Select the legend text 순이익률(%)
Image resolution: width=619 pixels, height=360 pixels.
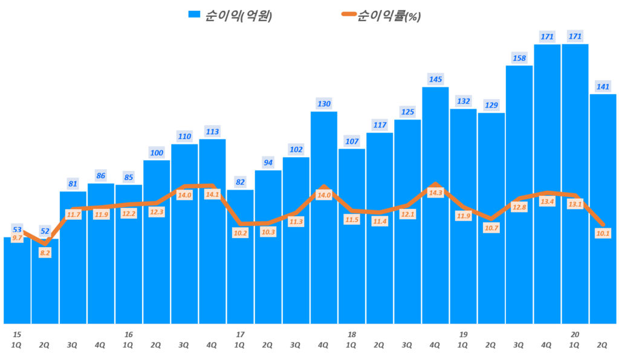(x=389, y=16)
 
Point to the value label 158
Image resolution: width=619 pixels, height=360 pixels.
(x=519, y=58)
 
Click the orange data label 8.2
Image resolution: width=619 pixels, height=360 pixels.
(x=45, y=253)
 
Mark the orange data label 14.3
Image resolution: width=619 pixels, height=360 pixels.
(x=435, y=193)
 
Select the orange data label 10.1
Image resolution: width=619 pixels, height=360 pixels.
(x=603, y=233)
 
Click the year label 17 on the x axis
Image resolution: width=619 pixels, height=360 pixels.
(x=240, y=334)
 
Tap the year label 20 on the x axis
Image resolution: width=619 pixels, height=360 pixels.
(x=575, y=334)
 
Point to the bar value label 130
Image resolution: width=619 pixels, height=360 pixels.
(x=324, y=104)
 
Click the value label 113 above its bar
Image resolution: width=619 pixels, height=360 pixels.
(x=212, y=131)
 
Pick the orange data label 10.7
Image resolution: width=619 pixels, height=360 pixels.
(x=491, y=228)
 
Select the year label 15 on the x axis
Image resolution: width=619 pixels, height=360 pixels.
(x=17, y=334)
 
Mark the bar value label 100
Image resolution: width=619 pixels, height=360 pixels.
(x=157, y=153)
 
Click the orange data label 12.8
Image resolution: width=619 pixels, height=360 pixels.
(x=519, y=207)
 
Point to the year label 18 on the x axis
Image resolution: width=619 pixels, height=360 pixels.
(x=352, y=334)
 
